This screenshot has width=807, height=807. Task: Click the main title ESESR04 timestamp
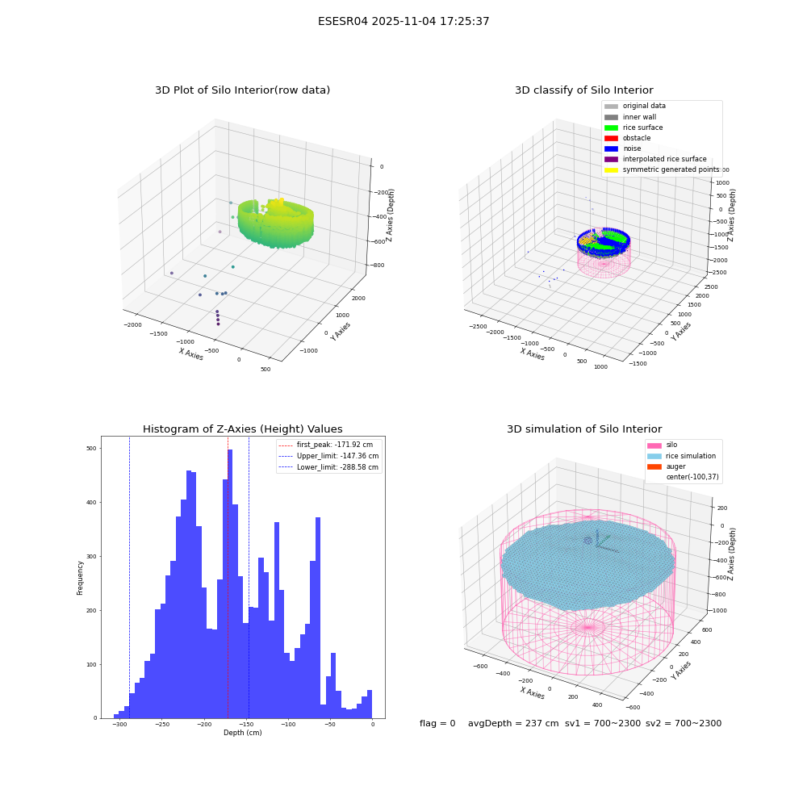pos(403,21)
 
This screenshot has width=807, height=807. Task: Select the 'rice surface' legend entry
pos(633,128)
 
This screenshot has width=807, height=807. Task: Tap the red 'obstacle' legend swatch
pos(611,139)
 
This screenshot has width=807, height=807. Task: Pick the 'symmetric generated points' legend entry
pos(662,169)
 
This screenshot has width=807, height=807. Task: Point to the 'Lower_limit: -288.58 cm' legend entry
pos(328,467)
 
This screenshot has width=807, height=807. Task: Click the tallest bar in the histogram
pos(229,583)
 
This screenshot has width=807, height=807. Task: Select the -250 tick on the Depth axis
pos(161,724)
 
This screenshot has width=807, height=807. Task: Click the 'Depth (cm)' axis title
pos(242,733)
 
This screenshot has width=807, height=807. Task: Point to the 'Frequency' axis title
pos(80,578)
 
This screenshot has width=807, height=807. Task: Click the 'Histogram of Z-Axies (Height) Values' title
pos(242,429)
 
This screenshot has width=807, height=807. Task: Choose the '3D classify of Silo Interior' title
pos(584,90)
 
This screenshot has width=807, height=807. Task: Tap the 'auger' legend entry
pos(667,466)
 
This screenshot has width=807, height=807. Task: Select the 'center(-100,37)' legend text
pos(692,477)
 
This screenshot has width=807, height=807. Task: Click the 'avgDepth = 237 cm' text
pos(513,723)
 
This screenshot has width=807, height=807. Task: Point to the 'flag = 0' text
pos(437,723)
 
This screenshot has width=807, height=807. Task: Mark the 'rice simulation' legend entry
pos(681,456)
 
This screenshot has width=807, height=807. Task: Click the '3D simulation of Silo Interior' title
pos(584,429)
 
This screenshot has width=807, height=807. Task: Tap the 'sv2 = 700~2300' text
pos(684,723)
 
